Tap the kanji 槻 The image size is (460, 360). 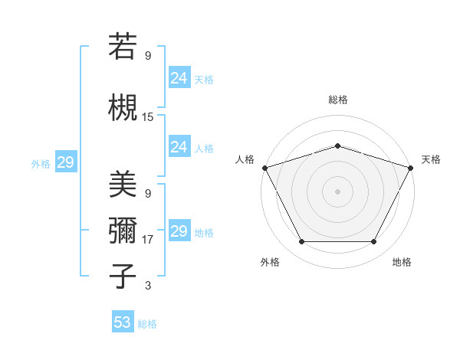[x=123, y=107]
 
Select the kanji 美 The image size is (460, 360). [x=123, y=184]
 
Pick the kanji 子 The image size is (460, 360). [x=123, y=276]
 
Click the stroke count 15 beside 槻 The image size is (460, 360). [x=148, y=117]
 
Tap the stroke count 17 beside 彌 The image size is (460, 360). [x=148, y=240]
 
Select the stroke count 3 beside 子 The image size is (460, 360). [x=148, y=286]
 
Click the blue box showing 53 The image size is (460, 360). [x=123, y=322]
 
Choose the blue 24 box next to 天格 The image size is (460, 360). [x=179, y=77]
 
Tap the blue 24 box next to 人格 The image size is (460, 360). [x=179, y=147]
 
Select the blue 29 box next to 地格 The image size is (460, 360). [x=179, y=231]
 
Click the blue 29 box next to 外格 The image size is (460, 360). [x=65, y=162]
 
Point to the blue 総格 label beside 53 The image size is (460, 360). [x=147, y=324]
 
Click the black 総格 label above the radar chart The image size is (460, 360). [x=337, y=100]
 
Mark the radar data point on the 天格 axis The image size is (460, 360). [x=412, y=168]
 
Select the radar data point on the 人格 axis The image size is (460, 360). [x=264, y=168]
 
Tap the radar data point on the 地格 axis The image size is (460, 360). [x=373, y=242]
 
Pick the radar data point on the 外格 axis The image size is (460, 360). [x=301, y=242]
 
